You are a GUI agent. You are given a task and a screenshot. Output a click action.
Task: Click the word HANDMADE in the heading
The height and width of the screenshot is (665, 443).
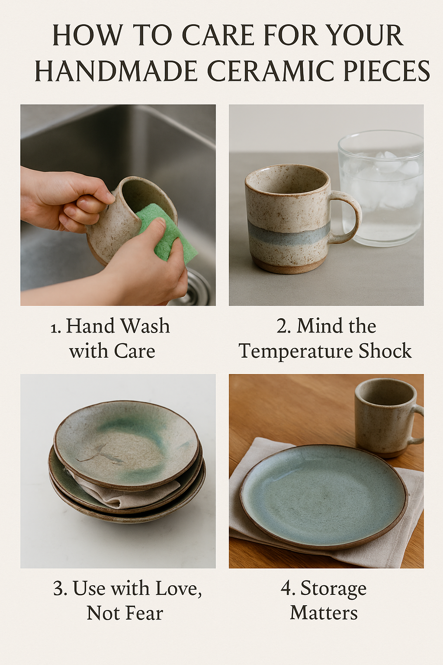pos(116,71)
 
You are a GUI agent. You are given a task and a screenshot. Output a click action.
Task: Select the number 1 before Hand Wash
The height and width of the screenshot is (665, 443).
pos(55,327)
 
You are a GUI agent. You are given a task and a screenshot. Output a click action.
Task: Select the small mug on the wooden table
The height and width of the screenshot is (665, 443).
pos(388,419)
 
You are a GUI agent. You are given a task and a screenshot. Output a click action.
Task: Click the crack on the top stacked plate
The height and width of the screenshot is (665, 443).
pos(95,455)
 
